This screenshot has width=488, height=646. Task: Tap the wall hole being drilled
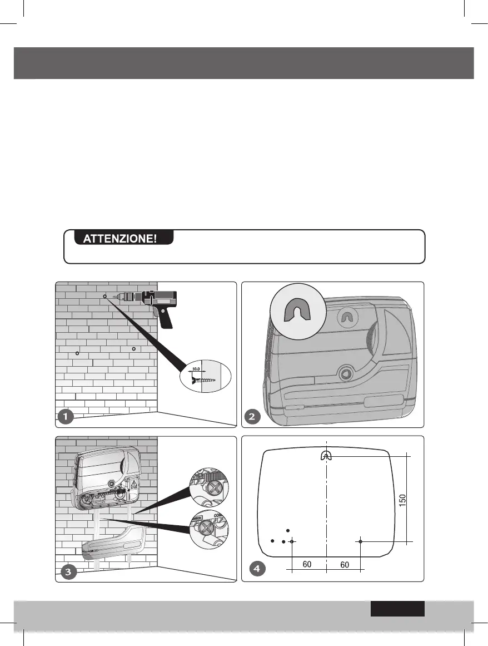tap(104, 297)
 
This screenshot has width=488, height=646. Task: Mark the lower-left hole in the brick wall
tap(77, 353)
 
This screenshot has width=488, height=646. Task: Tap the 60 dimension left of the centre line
tap(307, 564)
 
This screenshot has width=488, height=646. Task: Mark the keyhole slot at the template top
tap(326, 455)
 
